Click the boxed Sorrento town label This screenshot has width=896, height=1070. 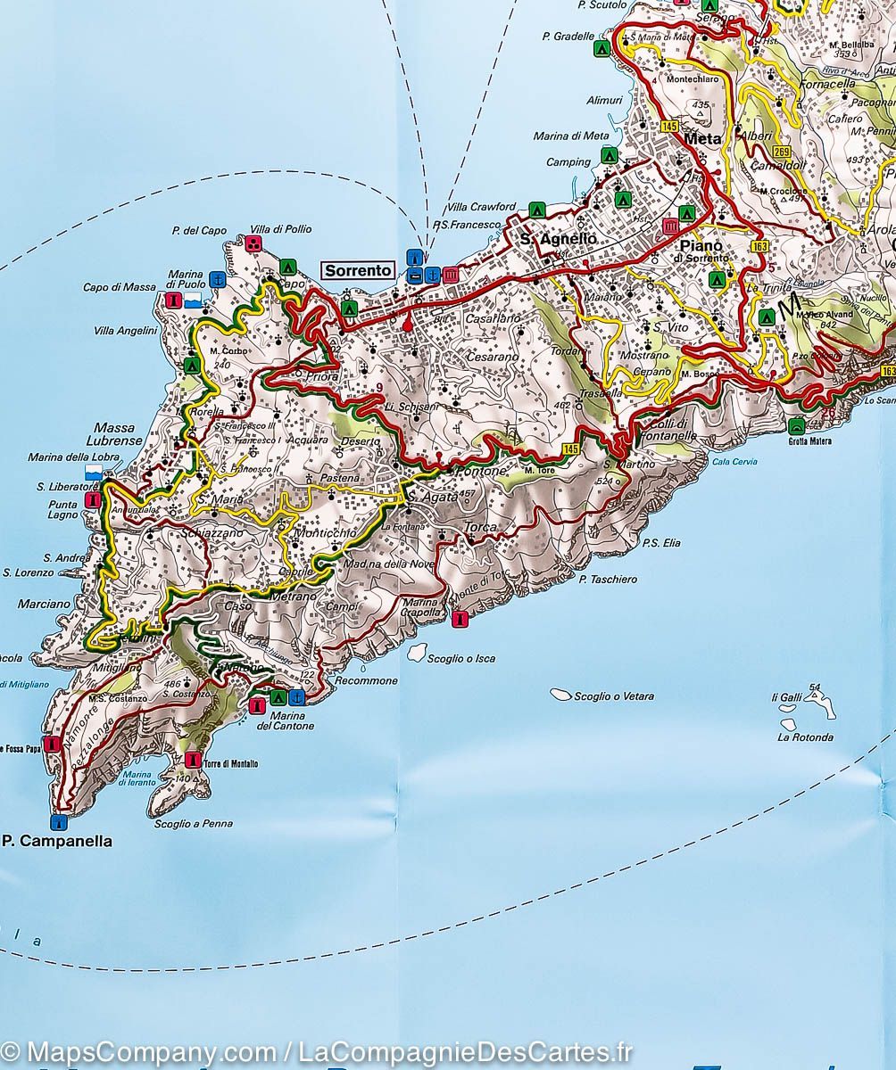click(358, 270)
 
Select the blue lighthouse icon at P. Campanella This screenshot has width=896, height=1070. click(59, 821)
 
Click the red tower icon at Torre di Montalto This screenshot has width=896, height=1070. click(193, 760)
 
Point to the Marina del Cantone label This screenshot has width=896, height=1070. click(285, 720)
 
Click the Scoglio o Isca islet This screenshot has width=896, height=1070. click(417, 653)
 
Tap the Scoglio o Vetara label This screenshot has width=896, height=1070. click(613, 696)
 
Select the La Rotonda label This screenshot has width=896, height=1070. click(805, 737)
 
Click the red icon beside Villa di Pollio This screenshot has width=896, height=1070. click(254, 243)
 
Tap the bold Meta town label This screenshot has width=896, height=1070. click(702, 139)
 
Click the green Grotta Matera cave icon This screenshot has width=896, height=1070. click(795, 425)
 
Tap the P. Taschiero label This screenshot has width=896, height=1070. click(608, 580)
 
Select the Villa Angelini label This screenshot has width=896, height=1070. click(125, 331)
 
